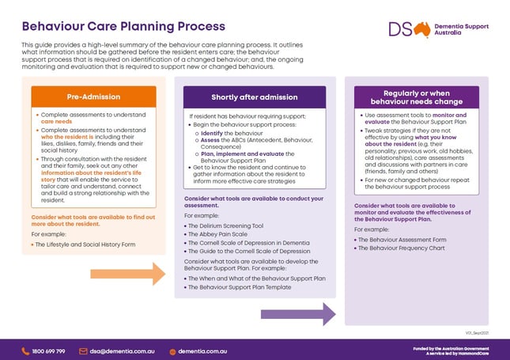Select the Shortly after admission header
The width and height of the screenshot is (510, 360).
255,97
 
